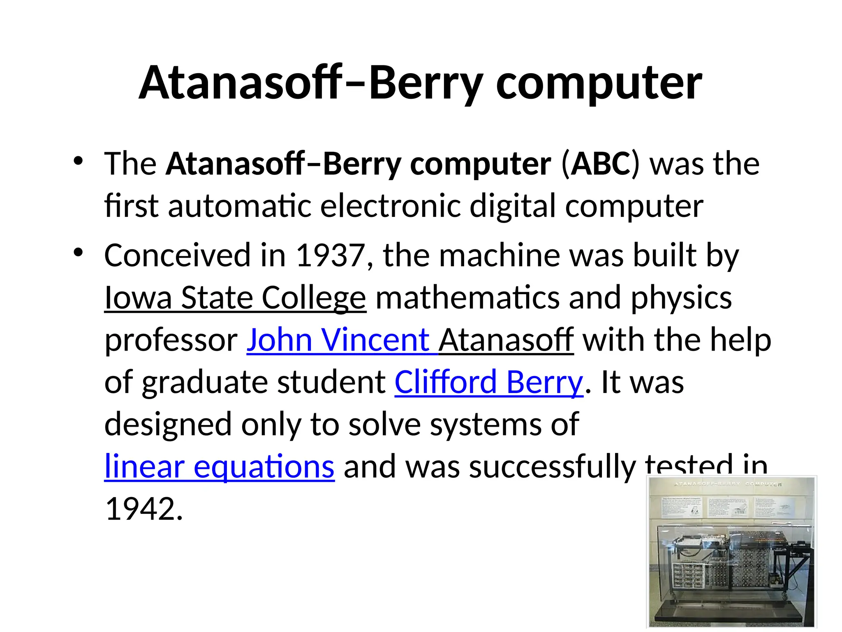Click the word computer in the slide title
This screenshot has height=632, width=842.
point(599,84)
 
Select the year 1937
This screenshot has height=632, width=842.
point(330,256)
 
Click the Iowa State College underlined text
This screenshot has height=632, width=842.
point(235,298)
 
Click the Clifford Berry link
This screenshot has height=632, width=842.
point(488,383)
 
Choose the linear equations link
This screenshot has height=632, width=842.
point(220,467)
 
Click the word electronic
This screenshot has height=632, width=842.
point(390,206)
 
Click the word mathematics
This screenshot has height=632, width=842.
point(467,298)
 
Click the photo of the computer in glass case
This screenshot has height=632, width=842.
point(731,552)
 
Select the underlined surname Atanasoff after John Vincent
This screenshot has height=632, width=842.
point(506,340)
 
